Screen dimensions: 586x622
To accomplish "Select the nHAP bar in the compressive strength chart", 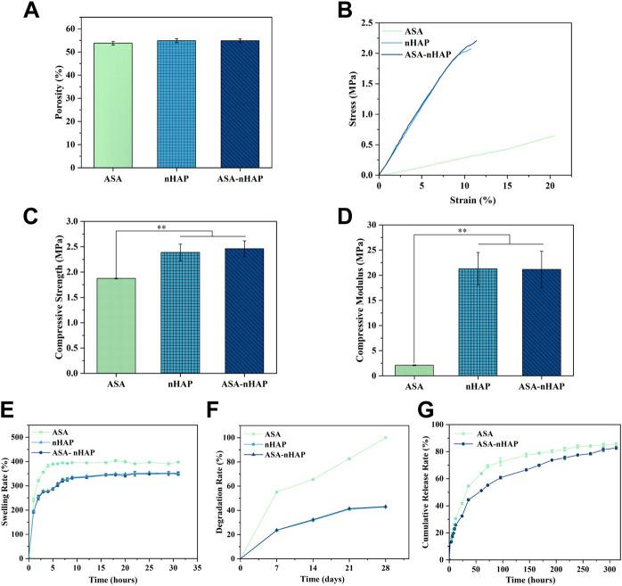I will point(174,313).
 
